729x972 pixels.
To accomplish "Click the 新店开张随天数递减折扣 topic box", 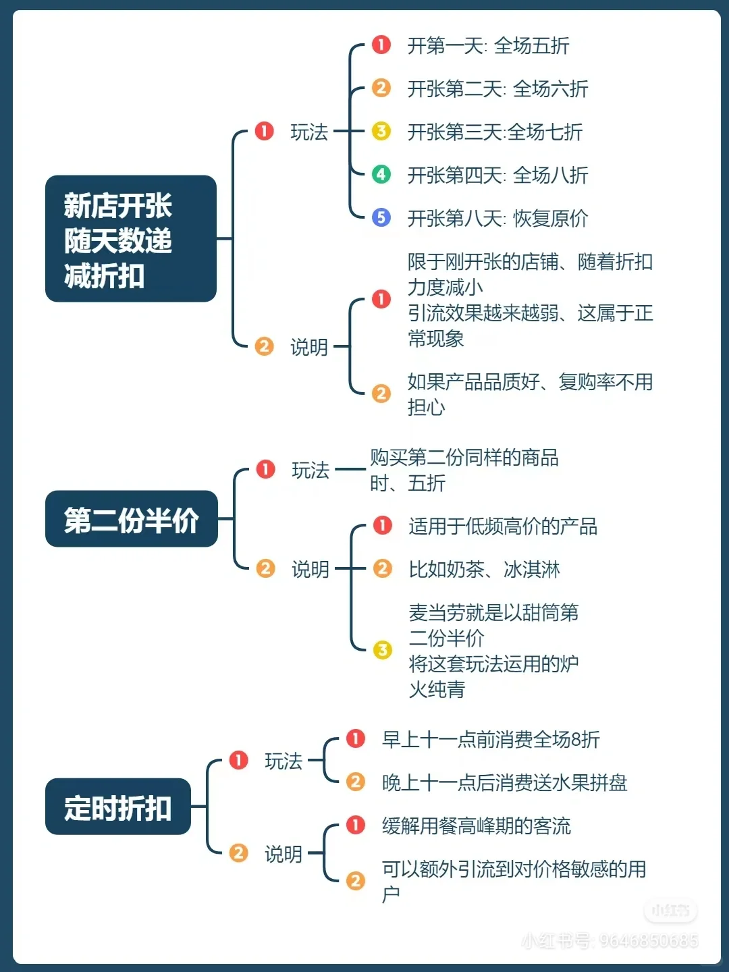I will (x=130, y=238).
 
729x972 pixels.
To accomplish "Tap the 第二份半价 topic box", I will (x=131, y=519).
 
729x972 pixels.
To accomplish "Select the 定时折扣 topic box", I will (x=118, y=807).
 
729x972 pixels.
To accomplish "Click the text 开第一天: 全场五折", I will (x=488, y=46).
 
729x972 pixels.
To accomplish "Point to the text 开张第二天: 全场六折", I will (x=497, y=89).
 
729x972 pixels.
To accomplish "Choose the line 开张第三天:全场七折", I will (x=495, y=132).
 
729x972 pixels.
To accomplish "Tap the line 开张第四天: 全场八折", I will (x=497, y=175).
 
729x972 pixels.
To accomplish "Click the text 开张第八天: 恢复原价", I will (x=497, y=219).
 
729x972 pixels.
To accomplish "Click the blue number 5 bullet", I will (x=381, y=217).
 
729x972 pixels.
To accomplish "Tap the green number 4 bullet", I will (x=381, y=174).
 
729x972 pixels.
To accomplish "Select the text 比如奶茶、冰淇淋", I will (x=484, y=570).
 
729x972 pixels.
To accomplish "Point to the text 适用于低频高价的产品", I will (x=503, y=526).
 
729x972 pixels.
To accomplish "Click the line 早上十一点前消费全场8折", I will (x=491, y=740).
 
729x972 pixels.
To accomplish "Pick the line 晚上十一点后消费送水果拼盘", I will (x=504, y=783).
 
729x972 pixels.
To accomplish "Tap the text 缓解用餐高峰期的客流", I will (x=476, y=826).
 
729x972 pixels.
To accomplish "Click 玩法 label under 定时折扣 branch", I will (x=283, y=761).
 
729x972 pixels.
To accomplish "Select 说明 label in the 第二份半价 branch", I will (x=310, y=570).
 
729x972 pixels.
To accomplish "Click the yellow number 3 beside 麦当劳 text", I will (x=383, y=650).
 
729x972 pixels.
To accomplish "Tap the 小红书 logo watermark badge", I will (x=670, y=911).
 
